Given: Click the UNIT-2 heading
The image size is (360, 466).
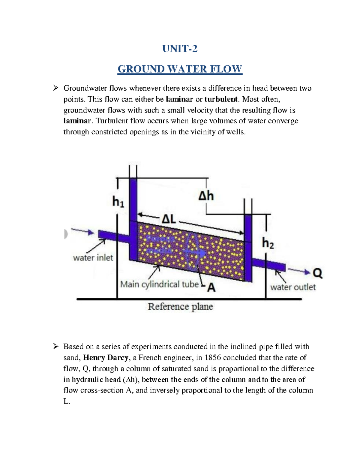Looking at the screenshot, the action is point(180,49).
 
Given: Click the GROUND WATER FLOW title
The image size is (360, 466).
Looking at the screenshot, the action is point(180,69).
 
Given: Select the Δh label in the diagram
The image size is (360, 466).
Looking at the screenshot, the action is point(206,196).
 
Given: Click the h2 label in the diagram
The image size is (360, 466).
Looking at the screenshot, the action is point(268,243).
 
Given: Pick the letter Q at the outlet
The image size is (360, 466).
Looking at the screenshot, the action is point(317,273).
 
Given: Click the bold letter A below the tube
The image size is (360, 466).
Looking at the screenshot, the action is point(211,288).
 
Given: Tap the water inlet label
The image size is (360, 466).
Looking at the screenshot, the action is point(93,258).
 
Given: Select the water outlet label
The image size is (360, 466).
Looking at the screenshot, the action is point(293,287).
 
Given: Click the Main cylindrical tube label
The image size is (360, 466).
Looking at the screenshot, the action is point(159,284).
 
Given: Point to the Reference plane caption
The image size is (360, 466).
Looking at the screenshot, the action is point(180,307).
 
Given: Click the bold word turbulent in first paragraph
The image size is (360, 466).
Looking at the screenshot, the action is point(221,99).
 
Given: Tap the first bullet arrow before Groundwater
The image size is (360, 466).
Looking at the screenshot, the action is point(56,88).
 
